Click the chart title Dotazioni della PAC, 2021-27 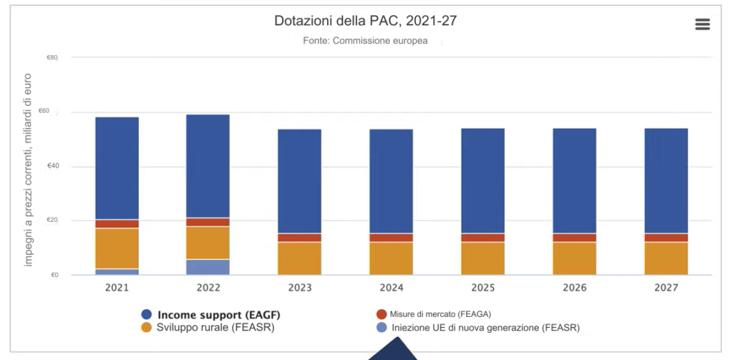[365, 21]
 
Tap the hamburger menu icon [702, 24]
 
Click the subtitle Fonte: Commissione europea [365, 41]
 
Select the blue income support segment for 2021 [117, 168]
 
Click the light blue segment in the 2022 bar [208, 267]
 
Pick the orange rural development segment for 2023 [299, 258]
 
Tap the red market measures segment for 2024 [391, 238]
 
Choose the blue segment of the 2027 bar [666, 180]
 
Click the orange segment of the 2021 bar [117, 248]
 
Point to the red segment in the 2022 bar [208, 222]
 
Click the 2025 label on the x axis [482, 288]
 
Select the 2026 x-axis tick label [574, 288]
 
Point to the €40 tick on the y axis [53, 166]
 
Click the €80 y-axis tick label [53, 57]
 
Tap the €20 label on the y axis [53, 220]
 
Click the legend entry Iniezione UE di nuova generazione [478, 328]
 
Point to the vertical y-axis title [29, 170]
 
